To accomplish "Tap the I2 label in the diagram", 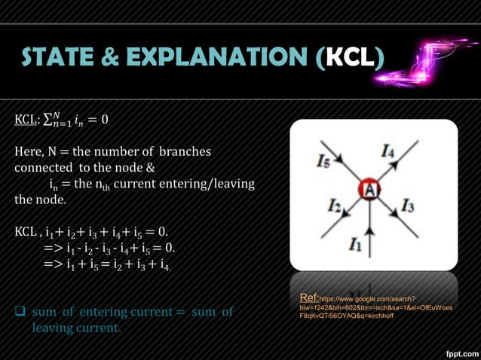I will (335, 205).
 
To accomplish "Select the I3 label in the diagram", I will (408, 204).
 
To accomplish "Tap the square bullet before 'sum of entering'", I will (20, 312).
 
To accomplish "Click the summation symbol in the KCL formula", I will (47, 119).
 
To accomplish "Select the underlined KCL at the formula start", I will (26, 119).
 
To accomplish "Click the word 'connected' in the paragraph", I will (43, 168).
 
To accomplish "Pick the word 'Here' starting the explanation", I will (29, 152).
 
